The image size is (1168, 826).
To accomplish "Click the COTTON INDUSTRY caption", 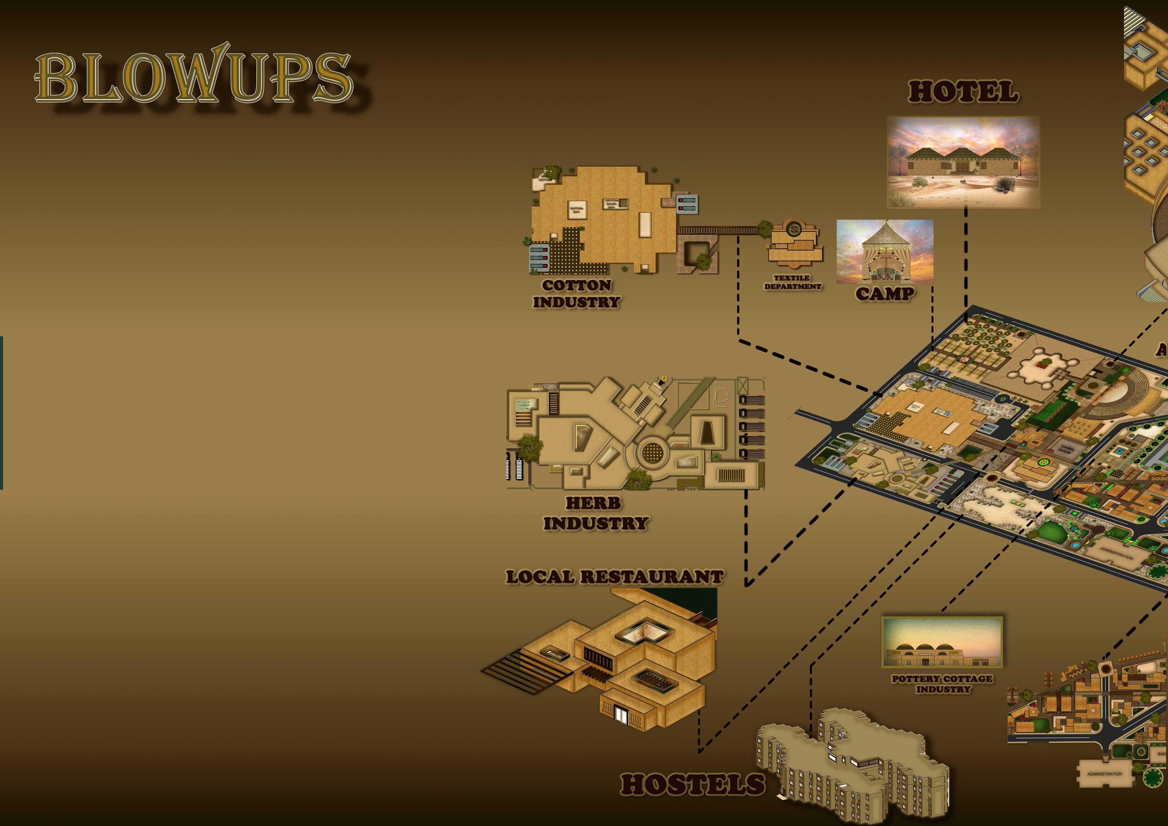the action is (x=576, y=293).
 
